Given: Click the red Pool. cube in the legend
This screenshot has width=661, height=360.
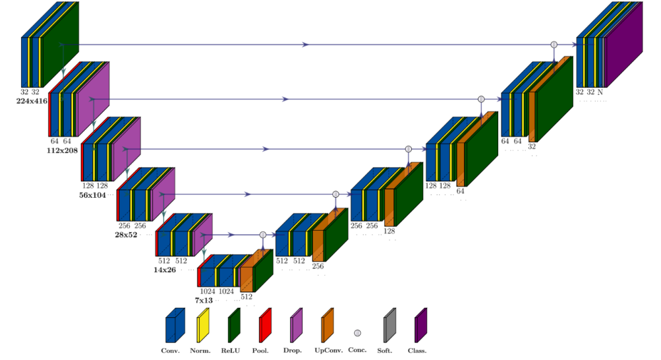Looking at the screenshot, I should pos(265,324).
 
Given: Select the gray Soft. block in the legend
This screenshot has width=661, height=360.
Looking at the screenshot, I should pos(389,324).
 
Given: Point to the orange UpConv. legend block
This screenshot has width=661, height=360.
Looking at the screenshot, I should pos(328,324).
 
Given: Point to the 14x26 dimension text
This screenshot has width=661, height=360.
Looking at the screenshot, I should pos(165,270).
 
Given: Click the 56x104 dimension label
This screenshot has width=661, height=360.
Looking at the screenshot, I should pos(92,196).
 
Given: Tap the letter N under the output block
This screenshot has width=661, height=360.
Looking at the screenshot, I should pos(600,92).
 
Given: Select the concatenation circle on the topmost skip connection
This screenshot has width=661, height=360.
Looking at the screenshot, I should pos(554,44).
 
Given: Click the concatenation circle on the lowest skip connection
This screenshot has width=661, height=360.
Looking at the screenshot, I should pos(263,235).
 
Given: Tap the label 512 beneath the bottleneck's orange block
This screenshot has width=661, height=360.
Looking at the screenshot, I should pos(246,297).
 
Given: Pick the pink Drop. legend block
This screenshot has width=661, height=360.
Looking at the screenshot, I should pos(297,324).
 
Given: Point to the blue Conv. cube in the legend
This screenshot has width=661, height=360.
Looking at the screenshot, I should pos(173,324).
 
